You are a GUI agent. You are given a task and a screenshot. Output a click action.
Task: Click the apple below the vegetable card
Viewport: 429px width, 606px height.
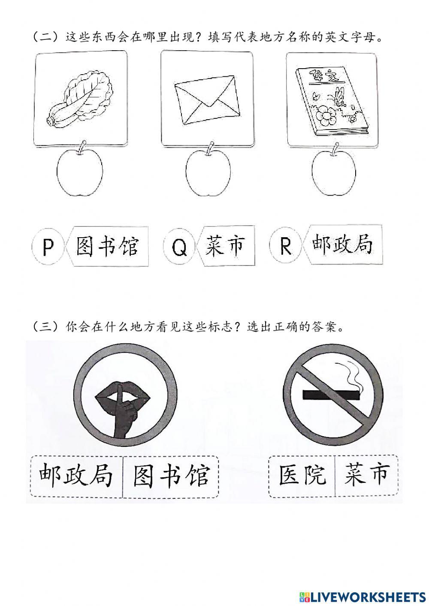pyautogui.click(x=80, y=173)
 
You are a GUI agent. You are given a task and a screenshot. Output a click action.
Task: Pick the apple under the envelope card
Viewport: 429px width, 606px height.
pyautogui.click(x=208, y=173)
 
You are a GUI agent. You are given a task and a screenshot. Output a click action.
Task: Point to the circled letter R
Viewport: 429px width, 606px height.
pyautogui.click(x=285, y=246)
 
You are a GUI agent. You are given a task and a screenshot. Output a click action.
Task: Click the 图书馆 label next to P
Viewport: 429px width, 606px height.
pyautogui.click(x=107, y=247)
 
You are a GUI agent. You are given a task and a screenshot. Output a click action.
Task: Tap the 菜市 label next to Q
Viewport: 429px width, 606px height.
pyautogui.click(x=224, y=246)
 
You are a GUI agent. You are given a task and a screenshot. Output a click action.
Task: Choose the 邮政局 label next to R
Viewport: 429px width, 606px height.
pyautogui.click(x=342, y=245)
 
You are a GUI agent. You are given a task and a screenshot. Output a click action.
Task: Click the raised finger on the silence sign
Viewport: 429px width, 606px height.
pyautogui.click(x=121, y=407)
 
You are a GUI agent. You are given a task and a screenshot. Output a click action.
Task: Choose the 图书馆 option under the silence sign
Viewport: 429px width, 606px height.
pyautogui.click(x=171, y=476)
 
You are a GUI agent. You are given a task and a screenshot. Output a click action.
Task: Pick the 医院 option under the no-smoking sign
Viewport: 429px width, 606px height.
pyautogui.click(x=302, y=476)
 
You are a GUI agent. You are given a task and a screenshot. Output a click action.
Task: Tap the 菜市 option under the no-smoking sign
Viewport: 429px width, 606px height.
pyautogui.click(x=366, y=475)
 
